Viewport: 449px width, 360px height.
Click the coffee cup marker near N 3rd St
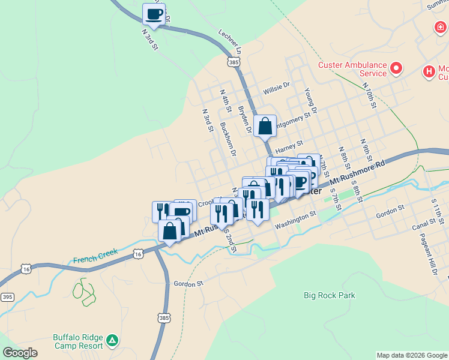click(x=154, y=14)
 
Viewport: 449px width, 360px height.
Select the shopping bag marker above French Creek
click(x=170, y=231)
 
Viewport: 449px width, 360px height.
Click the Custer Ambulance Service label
click(x=352, y=69)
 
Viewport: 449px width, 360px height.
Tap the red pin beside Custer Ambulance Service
click(x=396, y=68)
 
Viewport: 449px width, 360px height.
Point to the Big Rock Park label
click(x=329, y=295)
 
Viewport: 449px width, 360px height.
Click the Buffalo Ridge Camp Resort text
click(x=77, y=341)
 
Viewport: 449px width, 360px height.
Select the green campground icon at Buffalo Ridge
click(x=112, y=341)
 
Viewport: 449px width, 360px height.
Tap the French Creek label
click(x=95, y=256)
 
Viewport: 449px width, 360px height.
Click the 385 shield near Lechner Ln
click(x=234, y=61)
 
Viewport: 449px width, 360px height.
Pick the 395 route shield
click(x=7, y=297)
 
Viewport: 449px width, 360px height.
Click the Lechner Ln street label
click(x=230, y=40)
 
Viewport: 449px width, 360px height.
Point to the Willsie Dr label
click(x=276, y=91)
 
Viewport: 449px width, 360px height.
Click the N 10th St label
click(x=369, y=95)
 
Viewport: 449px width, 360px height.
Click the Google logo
click(x=20, y=353)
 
